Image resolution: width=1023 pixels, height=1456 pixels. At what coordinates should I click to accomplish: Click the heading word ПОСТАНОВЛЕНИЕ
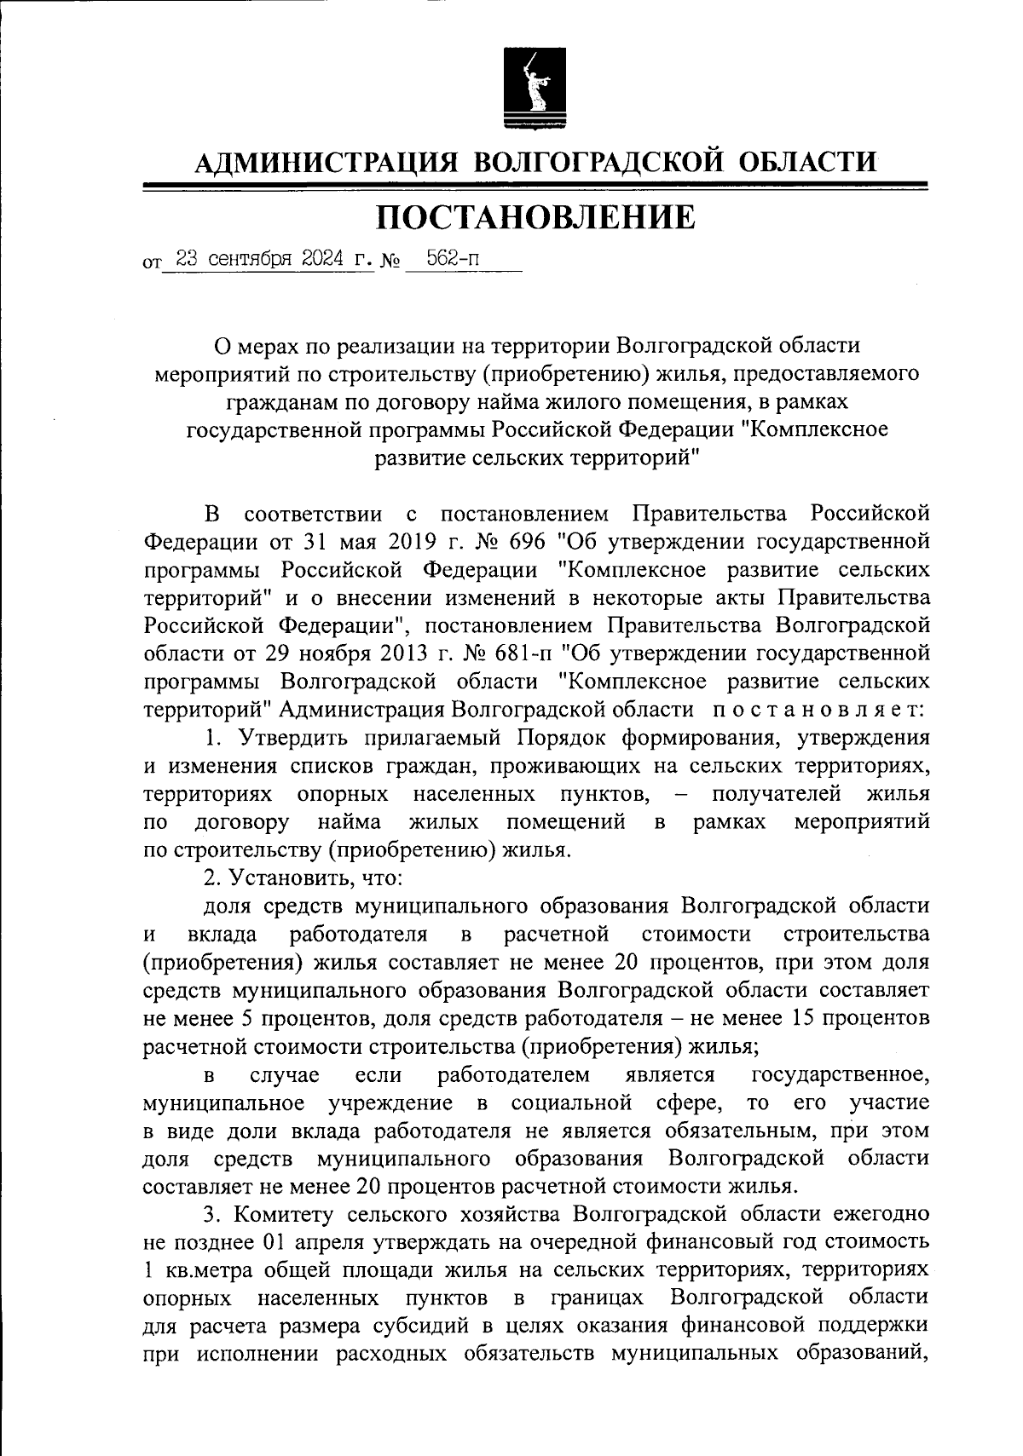click(x=536, y=217)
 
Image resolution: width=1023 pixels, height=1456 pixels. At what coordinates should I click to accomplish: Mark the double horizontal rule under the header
click(x=535, y=186)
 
